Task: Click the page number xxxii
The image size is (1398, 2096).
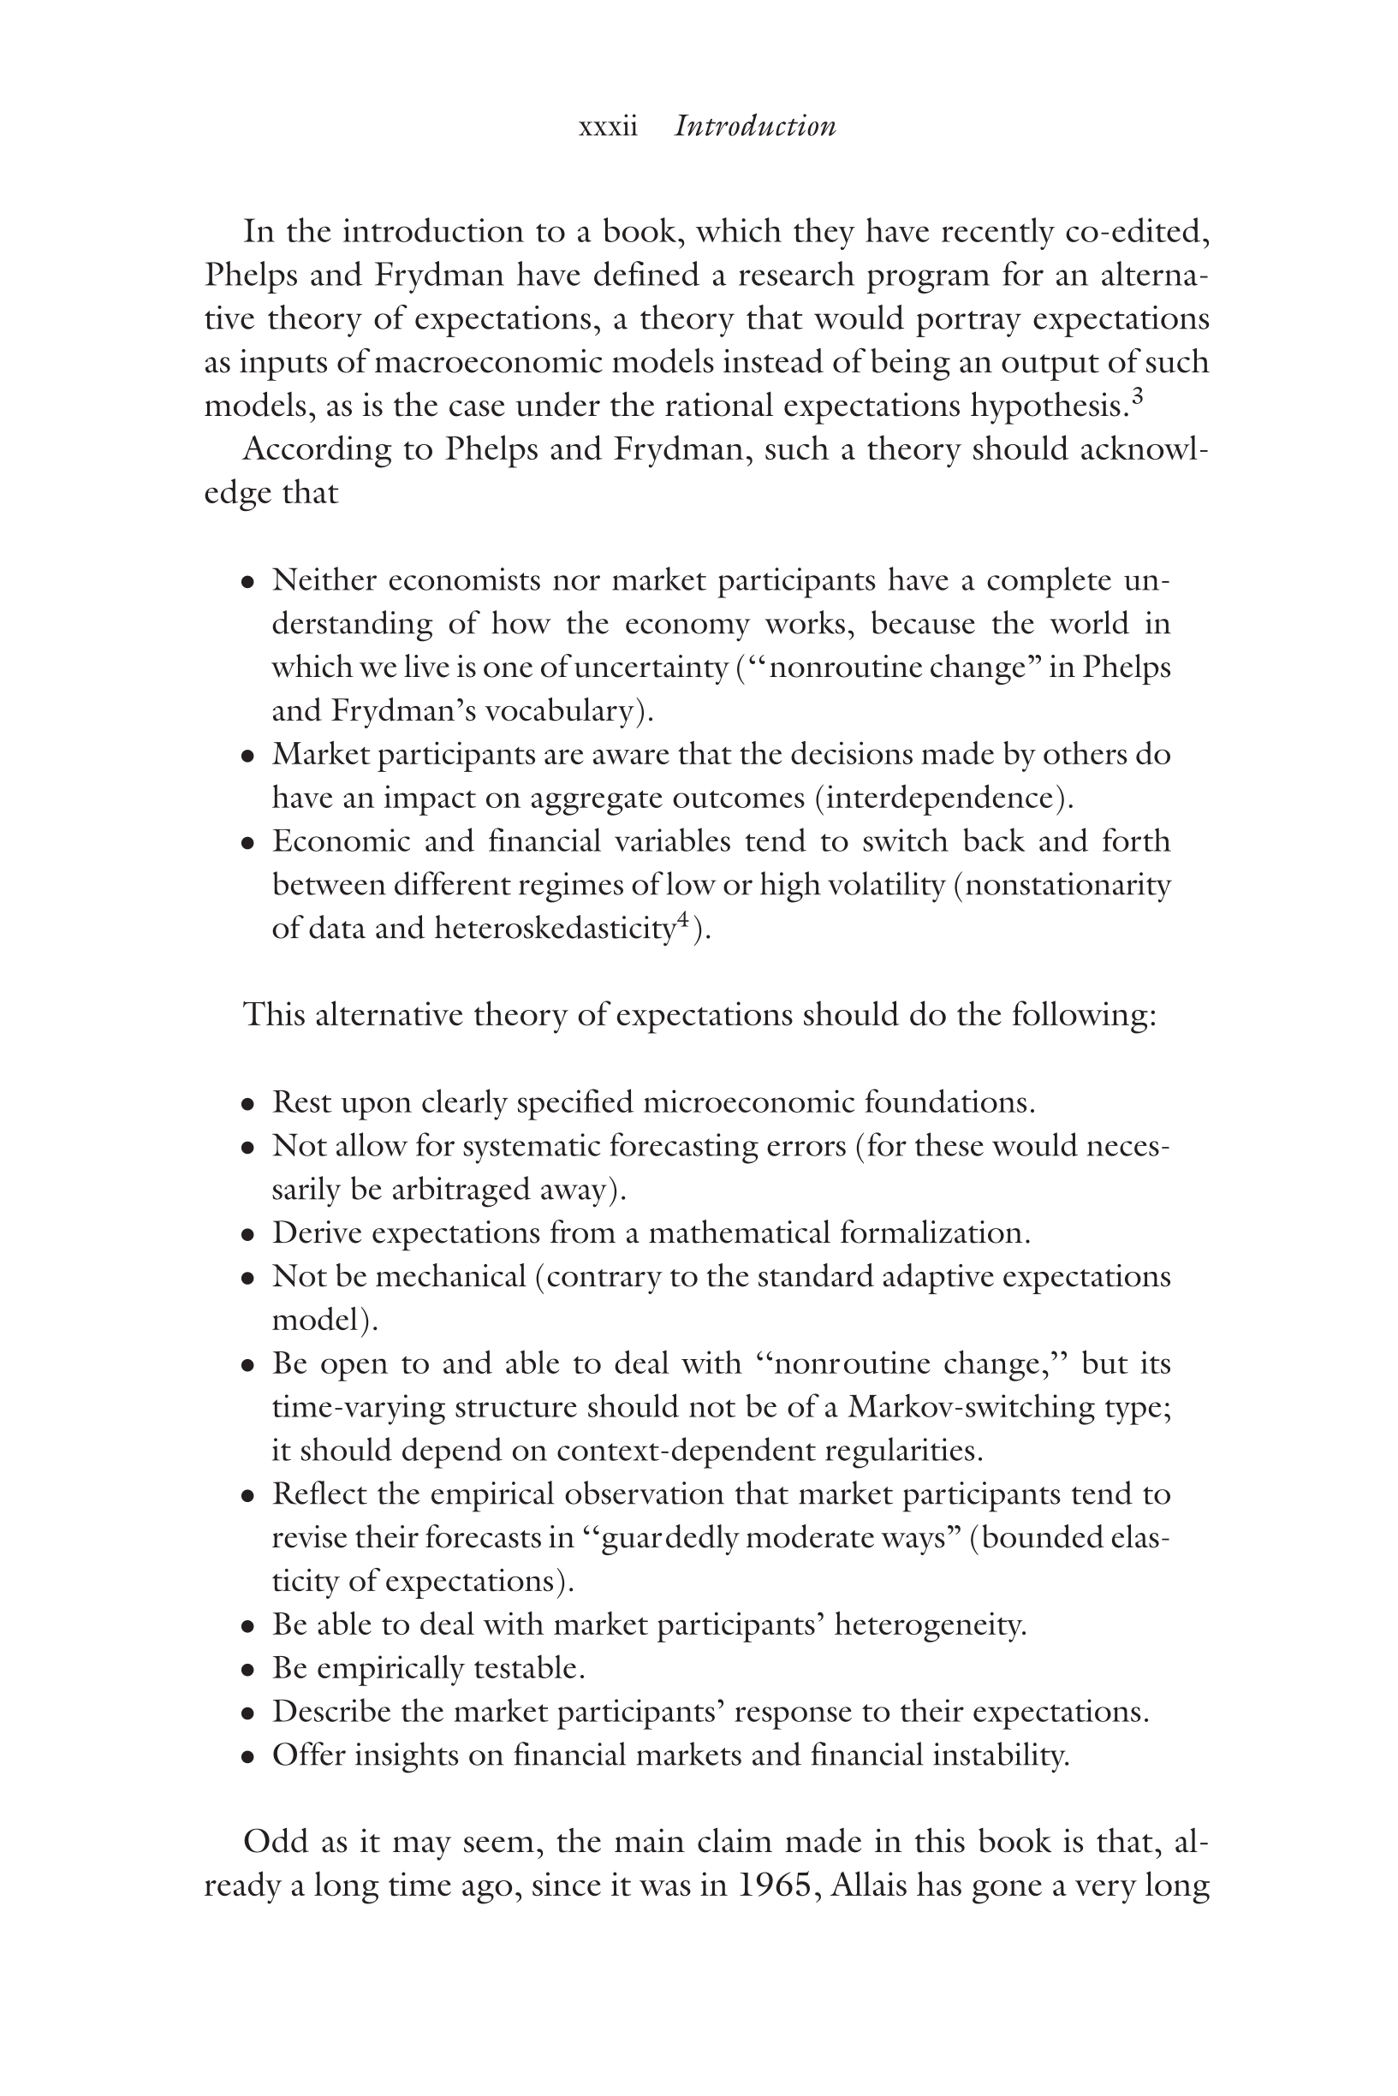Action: (608, 127)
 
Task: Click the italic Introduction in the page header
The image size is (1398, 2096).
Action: (755, 126)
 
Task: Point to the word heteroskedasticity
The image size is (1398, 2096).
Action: (554, 929)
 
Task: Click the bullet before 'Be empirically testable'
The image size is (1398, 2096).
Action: (249, 1670)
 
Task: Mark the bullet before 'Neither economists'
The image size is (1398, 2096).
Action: (249, 582)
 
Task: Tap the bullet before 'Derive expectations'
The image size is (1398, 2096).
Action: (249, 1235)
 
